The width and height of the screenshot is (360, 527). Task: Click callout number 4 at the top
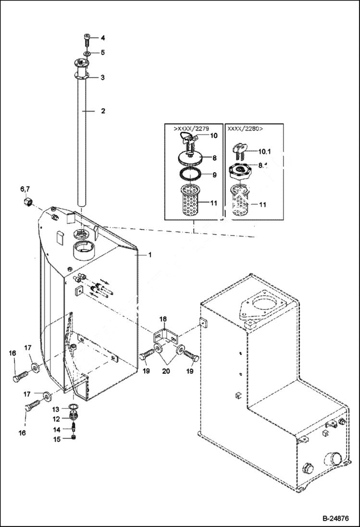102,38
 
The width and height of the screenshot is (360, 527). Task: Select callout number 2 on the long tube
102,111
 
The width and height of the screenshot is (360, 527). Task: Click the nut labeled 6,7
28,204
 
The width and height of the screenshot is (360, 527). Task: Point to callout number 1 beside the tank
149,255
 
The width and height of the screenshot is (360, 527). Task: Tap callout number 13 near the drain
56,409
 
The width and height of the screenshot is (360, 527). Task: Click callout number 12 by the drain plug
56,418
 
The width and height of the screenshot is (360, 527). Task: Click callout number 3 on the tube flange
102,77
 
